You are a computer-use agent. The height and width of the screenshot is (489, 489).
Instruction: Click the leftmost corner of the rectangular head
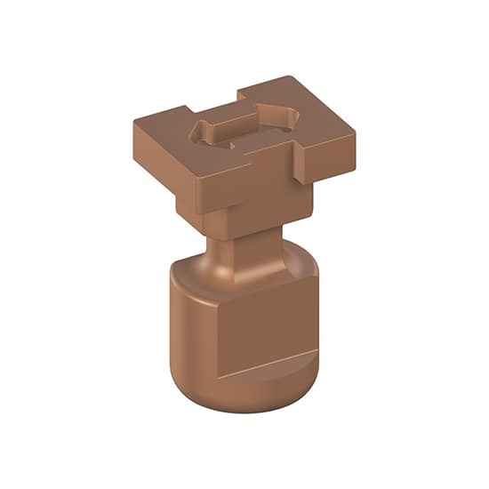point(136,119)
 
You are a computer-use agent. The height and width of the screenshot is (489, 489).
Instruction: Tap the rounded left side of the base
point(187,329)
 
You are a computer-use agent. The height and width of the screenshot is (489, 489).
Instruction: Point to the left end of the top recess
point(201,131)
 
